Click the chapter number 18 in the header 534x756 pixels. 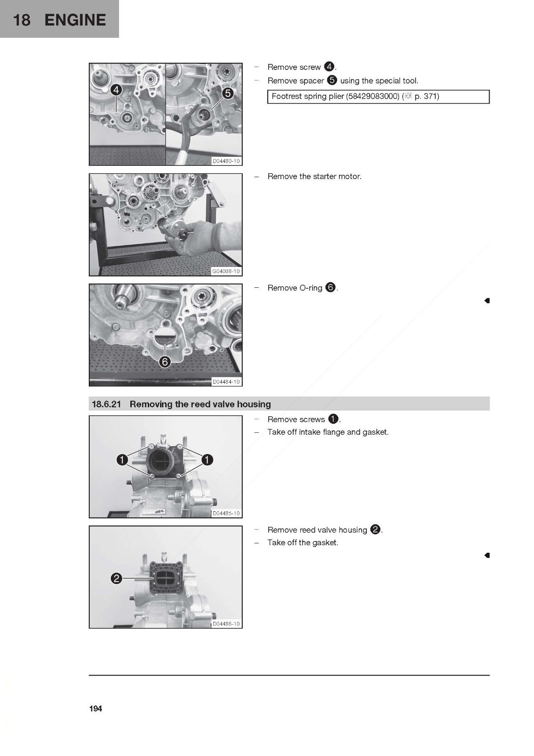[x=22, y=20]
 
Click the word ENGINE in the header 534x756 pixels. [x=75, y=20]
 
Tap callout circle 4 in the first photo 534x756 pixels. [x=116, y=90]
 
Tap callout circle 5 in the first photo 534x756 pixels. [x=228, y=93]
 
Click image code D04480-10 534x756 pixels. [x=226, y=161]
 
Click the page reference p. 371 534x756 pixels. [x=427, y=96]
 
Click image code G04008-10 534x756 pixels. [x=226, y=271]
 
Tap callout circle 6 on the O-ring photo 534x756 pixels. [x=165, y=362]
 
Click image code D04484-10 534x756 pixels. [x=226, y=382]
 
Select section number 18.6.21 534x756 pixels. [x=106, y=404]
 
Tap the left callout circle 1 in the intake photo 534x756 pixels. [x=122, y=460]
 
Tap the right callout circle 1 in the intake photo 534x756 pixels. [x=207, y=460]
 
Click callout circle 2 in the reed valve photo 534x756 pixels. [x=116, y=579]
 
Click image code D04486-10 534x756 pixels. [x=226, y=624]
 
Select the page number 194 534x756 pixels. [x=96, y=708]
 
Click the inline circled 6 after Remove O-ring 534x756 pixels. [x=331, y=288]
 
